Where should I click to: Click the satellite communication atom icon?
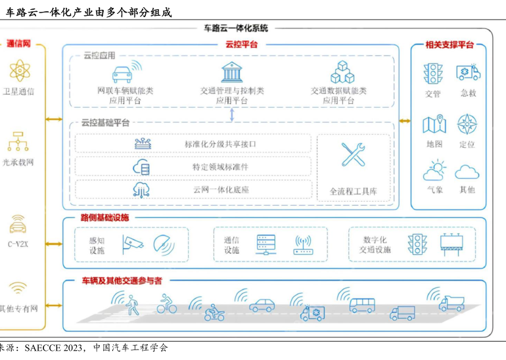click(x=20, y=70)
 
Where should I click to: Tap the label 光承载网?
click(x=18, y=162)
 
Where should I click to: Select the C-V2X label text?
click(x=18, y=244)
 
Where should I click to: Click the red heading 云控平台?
click(x=241, y=44)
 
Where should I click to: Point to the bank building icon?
click(x=232, y=72)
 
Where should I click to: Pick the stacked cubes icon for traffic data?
click(x=342, y=72)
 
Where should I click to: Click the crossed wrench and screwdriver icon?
click(x=353, y=154)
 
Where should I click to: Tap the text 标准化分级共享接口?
click(x=220, y=144)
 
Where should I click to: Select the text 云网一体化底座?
click(x=221, y=190)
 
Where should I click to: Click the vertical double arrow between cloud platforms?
click(x=232, y=114)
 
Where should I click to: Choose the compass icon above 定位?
click(x=467, y=124)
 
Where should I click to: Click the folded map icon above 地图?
click(x=434, y=124)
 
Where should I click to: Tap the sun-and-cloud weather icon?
click(x=434, y=169)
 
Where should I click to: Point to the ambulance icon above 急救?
click(x=469, y=72)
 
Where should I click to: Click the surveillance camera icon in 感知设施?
click(x=133, y=244)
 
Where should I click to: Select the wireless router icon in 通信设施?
click(x=303, y=245)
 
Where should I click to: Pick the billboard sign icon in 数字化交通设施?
click(x=451, y=244)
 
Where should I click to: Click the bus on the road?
click(x=362, y=305)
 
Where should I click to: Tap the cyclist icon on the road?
click(x=166, y=304)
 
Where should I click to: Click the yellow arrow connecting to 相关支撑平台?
click(x=405, y=121)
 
